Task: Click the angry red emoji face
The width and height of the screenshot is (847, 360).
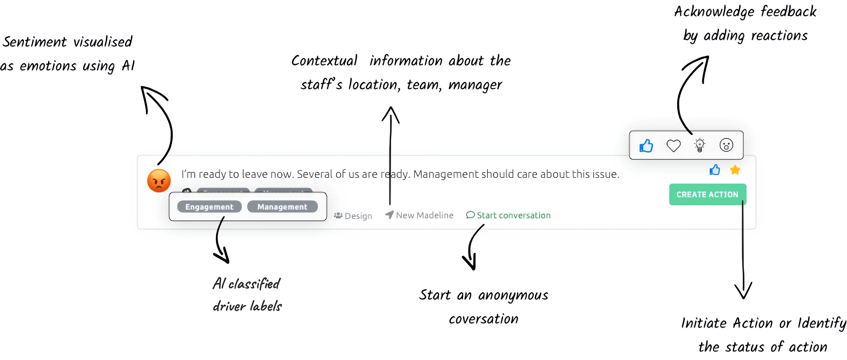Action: pyautogui.click(x=159, y=180)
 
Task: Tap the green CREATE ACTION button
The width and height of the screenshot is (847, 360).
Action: pyautogui.click(x=707, y=194)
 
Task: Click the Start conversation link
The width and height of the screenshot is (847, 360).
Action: pyautogui.click(x=513, y=215)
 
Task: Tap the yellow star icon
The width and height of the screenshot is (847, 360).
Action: pyautogui.click(x=735, y=170)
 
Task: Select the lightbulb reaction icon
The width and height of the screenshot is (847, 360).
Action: pyautogui.click(x=699, y=145)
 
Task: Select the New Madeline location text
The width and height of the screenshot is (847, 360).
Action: pyautogui.click(x=424, y=215)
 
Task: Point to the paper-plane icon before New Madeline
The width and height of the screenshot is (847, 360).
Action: pyautogui.click(x=389, y=215)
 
